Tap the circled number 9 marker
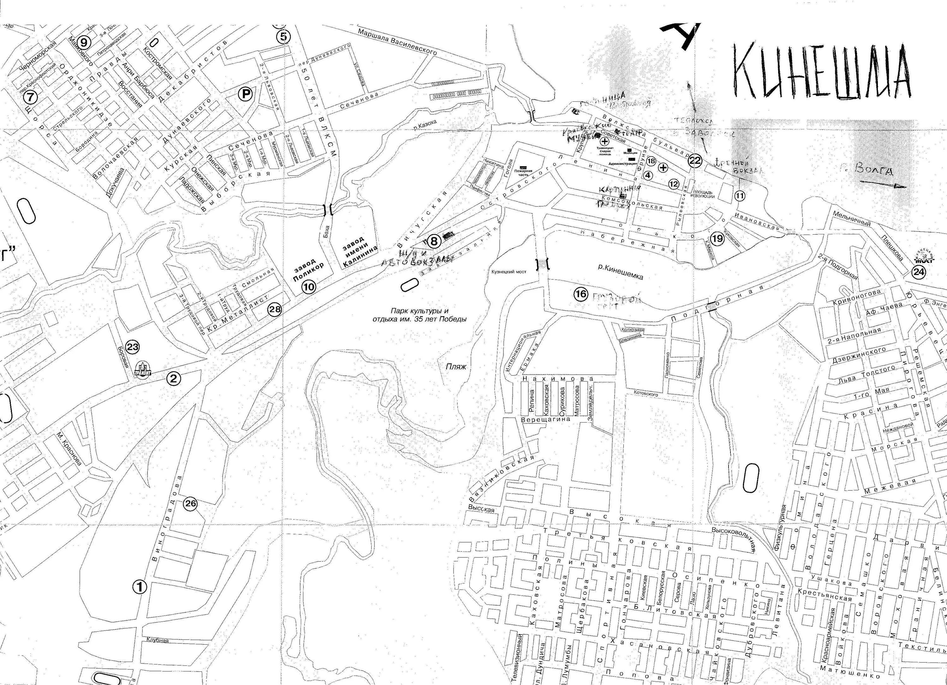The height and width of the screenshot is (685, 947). click(84, 42)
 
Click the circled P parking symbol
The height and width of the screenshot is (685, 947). click(245, 95)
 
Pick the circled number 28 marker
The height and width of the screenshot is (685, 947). click(275, 309)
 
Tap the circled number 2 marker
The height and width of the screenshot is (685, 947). click(174, 379)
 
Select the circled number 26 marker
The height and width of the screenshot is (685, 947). click(190, 504)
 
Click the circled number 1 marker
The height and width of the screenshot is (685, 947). click(140, 587)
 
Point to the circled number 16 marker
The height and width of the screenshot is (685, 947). click(581, 294)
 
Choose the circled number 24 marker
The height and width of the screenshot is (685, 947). click(919, 272)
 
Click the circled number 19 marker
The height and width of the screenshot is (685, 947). click(717, 238)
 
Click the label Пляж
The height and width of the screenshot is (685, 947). click(456, 367)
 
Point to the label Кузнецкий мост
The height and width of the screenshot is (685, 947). click(509, 272)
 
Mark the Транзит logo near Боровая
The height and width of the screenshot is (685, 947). click(142, 369)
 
